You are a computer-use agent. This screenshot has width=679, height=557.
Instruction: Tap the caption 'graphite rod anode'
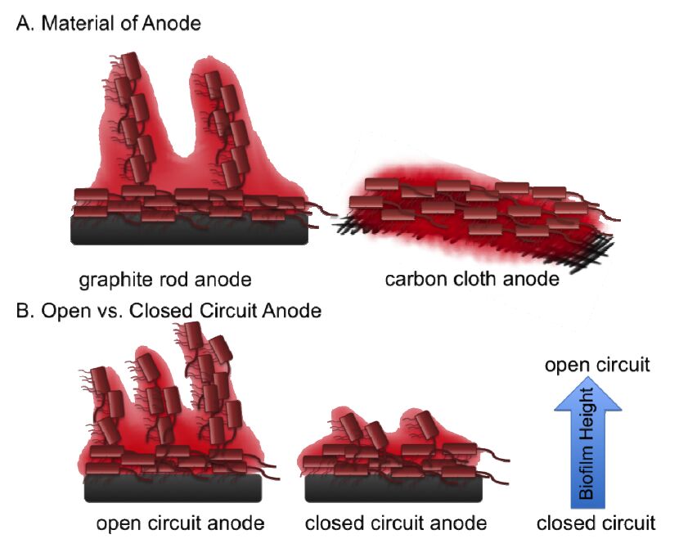click(165, 280)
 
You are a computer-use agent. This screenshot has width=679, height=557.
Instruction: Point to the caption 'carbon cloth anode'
click(472, 280)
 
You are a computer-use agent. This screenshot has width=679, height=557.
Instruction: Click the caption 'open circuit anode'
click(180, 523)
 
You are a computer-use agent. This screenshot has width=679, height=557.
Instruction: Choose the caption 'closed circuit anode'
click(396, 523)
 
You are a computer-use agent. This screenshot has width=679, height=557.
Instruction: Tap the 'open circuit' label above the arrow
click(600, 365)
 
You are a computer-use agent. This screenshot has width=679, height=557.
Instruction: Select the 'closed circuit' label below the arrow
click(600, 523)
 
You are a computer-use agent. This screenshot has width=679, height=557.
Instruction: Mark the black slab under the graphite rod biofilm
click(188, 231)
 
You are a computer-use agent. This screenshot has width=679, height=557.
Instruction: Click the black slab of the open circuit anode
click(173, 488)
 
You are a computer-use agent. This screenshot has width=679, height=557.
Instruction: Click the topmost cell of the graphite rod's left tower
click(131, 65)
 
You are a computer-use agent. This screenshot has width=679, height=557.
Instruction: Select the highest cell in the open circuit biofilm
click(194, 334)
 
